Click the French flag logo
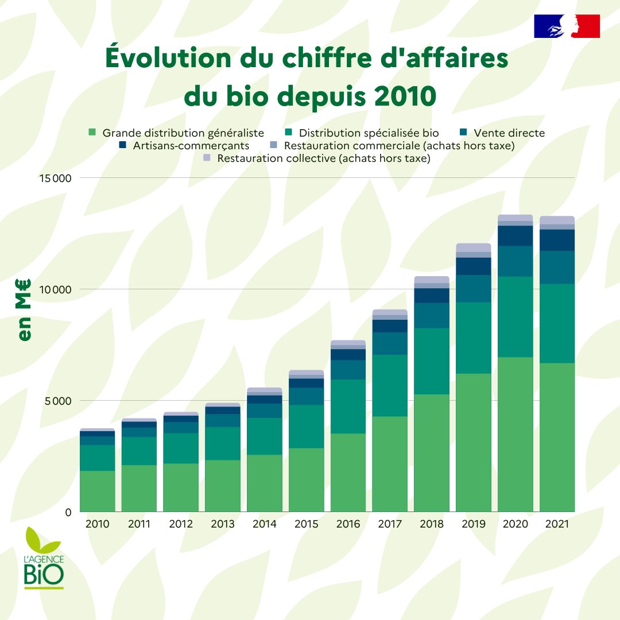click(x=567, y=26)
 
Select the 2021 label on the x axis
click(x=557, y=524)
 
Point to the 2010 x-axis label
click(x=97, y=524)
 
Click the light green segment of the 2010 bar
click(x=97, y=491)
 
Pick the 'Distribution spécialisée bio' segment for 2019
click(x=473, y=338)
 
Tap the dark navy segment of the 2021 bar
click(x=557, y=240)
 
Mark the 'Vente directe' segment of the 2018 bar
click(x=431, y=315)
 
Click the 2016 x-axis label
click(x=348, y=524)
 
